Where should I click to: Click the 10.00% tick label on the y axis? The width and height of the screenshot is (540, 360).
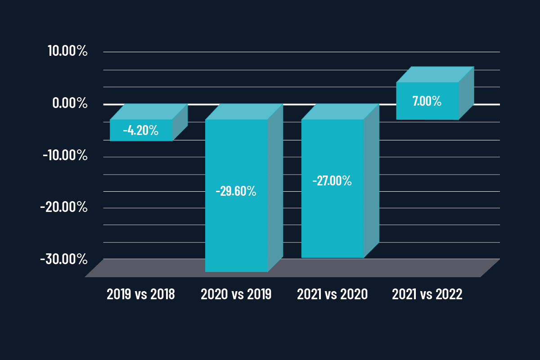67,51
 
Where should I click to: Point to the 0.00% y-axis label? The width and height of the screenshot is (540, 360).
70,103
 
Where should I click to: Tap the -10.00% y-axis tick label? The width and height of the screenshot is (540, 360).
65,156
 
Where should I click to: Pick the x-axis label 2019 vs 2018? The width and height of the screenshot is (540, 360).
141,294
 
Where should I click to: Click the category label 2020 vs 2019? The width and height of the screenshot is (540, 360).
236,294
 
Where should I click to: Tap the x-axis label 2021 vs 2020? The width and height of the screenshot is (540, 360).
333,294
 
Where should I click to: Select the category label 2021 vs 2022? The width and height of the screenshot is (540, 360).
427,294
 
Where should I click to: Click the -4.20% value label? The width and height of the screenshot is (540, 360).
141,131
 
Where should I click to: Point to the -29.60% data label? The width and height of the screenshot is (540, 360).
236,192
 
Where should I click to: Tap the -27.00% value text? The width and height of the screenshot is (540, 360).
332,181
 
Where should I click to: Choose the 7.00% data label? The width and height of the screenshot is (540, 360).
427,101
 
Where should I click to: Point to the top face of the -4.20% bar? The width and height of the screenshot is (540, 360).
148,112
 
